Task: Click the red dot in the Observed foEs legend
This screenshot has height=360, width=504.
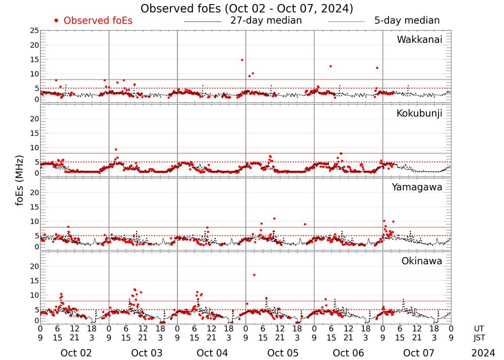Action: click(x=56, y=21)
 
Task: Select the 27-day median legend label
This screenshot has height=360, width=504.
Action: click(x=266, y=21)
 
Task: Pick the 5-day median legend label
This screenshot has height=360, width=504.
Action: click(x=407, y=21)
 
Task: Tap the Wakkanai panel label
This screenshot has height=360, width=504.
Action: click(x=419, y=39)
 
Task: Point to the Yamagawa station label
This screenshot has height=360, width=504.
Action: click(x=417, y=187)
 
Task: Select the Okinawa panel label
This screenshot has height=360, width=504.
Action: click(x=422, y=261)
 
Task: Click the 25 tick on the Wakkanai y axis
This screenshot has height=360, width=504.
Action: click(x=34, y=31)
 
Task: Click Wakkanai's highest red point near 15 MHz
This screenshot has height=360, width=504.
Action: click(x=242, y=60)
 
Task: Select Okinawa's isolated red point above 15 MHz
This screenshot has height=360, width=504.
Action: click(x=254, y=275)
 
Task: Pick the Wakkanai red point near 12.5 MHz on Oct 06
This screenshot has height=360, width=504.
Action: click(x=331, y=66)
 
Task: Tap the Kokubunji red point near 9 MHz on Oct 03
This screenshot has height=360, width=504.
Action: click(x=116, y=149)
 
